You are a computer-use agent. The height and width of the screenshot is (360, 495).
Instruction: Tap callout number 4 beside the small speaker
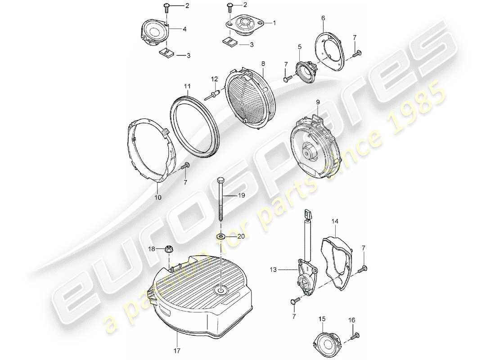pos(184,29)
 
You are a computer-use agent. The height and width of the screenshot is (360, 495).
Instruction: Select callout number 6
pos(323,18)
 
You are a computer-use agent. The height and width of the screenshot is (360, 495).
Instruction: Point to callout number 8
pos(263,64)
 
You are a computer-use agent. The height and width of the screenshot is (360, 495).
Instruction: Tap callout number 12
pos(215,79)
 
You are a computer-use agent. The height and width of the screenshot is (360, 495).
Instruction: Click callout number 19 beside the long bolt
pos(242,196)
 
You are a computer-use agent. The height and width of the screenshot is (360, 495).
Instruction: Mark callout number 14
pos(334,222)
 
